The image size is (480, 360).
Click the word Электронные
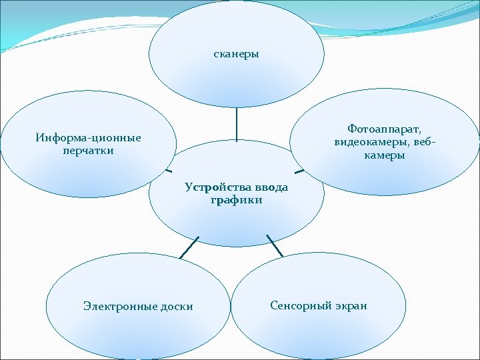click(121, 306)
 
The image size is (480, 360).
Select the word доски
click(177, 306)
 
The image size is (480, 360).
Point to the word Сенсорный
click(301, 305)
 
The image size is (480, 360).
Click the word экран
click(351, 305)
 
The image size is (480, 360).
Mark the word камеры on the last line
click(385, 155)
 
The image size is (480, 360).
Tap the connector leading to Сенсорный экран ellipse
click(274, 245)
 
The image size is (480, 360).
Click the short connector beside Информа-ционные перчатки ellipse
click(169, 168)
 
